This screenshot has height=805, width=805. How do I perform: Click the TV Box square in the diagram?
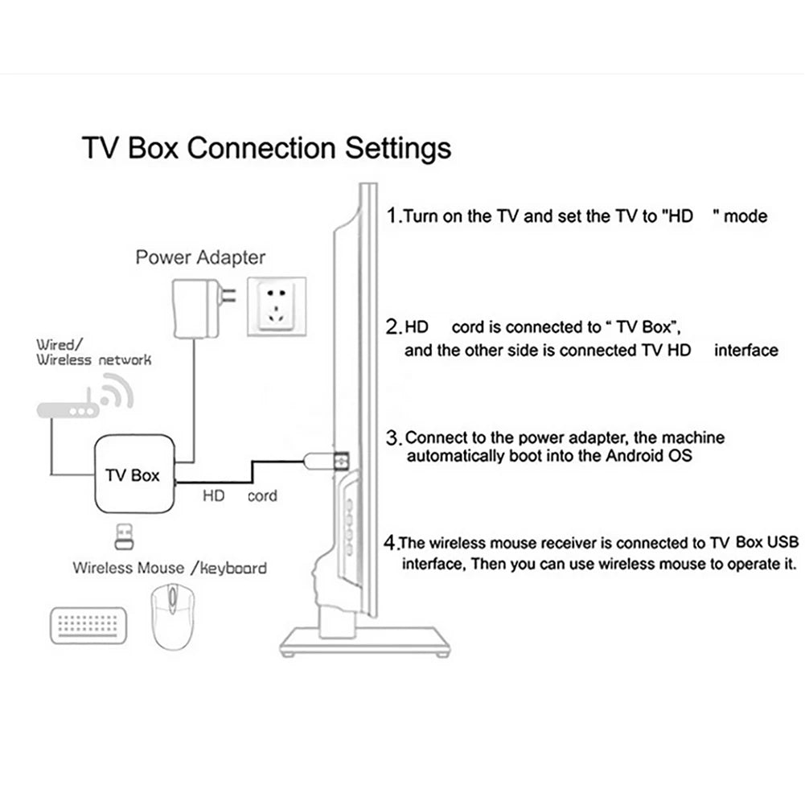[133, 474]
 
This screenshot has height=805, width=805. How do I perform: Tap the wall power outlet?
[276, 306]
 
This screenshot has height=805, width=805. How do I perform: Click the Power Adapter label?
[200, 258]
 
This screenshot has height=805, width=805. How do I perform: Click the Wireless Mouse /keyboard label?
[170, 568]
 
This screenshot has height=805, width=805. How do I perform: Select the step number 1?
[392, 216]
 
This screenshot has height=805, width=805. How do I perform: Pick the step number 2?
[393, 327]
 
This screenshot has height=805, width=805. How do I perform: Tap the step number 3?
[393, 438]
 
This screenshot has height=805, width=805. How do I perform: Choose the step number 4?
[392, 541]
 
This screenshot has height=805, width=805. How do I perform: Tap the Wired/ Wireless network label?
[92, 352]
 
